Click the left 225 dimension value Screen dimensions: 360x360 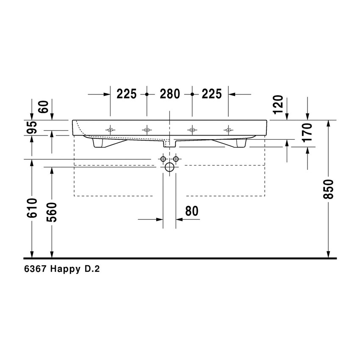[x=127, y=94]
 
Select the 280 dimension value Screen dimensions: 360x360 [x=169, y=94]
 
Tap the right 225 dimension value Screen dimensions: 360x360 [x=211, y=94]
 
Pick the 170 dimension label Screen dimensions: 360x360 [x=307, y=132]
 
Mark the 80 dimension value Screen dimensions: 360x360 [x=192, y=210]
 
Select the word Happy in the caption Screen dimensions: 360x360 [x=64, y=269]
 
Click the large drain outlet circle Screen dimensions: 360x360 [x=169, y=167]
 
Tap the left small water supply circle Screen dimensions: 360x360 [x=163, y=159]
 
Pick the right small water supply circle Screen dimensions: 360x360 [x=176, y=159]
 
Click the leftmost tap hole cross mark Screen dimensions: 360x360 [x=111, y=129]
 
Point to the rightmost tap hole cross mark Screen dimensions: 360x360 [x=228, y=129]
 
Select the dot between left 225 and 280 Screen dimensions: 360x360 [x=147, y=94]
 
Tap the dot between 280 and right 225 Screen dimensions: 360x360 [x=192, y=94]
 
